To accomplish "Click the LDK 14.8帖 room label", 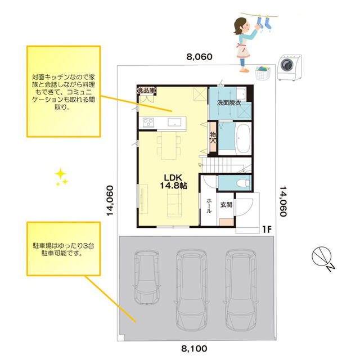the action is point(174,181).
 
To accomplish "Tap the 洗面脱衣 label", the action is point(229,103).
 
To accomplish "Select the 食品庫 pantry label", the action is point(146,90).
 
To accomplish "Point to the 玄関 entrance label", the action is point(226,205).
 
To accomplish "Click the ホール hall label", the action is point(209,206).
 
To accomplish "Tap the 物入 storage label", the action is point(213,137).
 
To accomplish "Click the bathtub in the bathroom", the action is point(243,139).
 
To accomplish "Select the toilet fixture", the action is point(244,183).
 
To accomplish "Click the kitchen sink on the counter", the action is point(174,122).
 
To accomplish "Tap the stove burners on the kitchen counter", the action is point(148,123).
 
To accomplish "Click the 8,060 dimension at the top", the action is point(199,57).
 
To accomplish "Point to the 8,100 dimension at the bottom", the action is point(194,349).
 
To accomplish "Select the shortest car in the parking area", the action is point(146,277).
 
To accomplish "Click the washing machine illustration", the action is point(289,67).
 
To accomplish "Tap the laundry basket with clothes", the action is point(263,73).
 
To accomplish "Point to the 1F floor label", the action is point(267,229).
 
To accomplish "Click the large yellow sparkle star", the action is point(60,174).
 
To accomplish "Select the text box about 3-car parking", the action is point(64,249).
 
